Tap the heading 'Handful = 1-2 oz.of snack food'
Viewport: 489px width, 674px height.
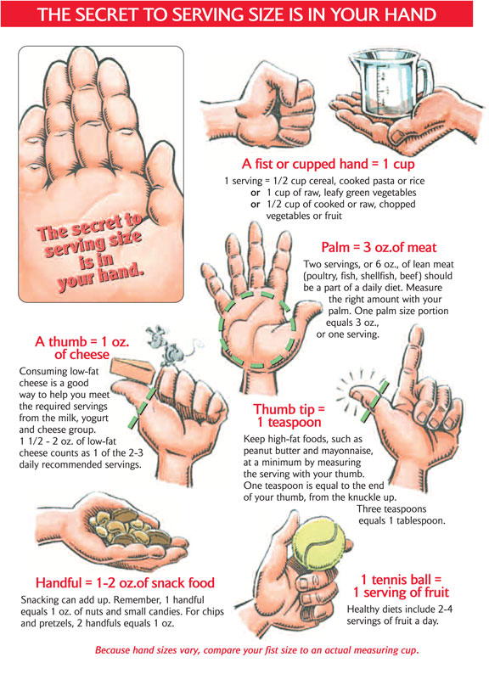pos(125,583)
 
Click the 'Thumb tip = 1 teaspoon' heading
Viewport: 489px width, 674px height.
pos(289,414)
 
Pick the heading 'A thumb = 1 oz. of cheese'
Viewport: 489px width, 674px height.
pos(81,348)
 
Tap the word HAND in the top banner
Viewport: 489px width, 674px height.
pos(407,15)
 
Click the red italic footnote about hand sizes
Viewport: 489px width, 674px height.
pos(257,651)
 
